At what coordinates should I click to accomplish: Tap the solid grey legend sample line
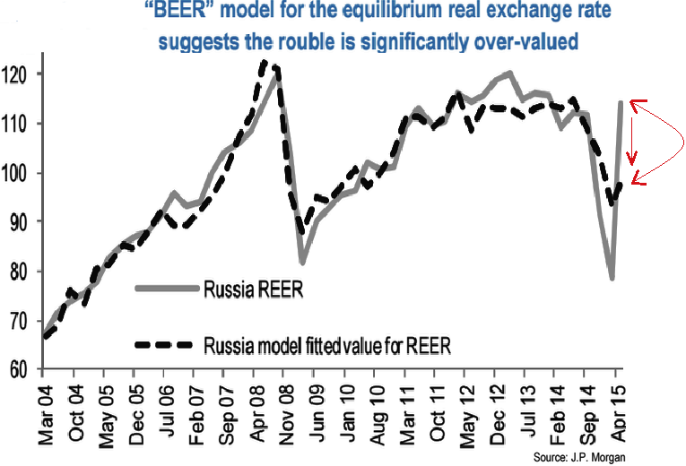click(x=166, y=288)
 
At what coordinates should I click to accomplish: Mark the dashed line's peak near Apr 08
click(x=263, y=62)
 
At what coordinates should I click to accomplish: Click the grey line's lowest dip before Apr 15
click(x=612, y=278)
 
